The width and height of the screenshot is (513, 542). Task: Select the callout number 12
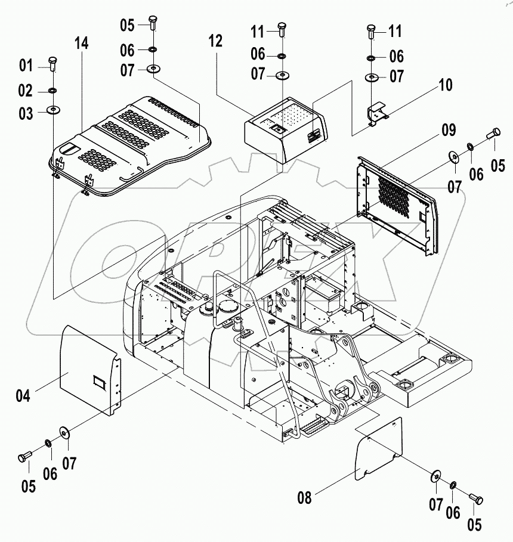click(x=215, y=41)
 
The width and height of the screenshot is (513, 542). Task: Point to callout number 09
click(x=449, y=130)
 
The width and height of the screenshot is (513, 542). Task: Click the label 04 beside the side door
click(x=23, y=395)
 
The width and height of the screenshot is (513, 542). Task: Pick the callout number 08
click(x=304, y=497)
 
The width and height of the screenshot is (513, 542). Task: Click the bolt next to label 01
click(x=53, y=64)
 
